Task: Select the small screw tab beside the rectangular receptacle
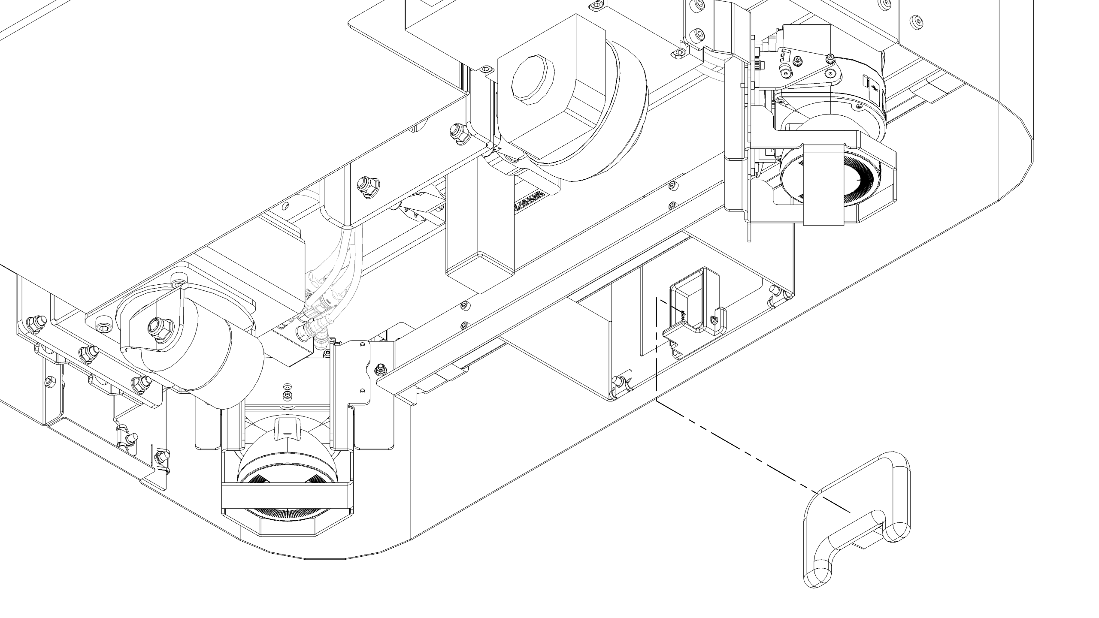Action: (714, 319)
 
